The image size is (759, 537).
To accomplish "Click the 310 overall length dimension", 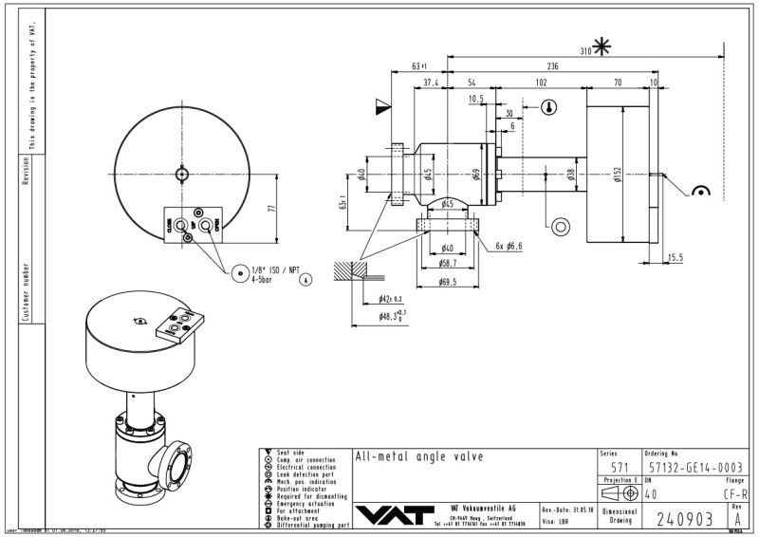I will pos(585,50).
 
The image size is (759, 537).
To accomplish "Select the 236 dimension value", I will pos(552,66).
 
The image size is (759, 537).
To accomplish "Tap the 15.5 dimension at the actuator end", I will pos(675,257).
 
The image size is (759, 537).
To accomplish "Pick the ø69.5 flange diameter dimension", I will pos(448,283).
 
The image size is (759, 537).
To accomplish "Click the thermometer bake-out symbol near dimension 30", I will pos(548,108).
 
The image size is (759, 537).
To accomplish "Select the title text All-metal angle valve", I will pos(418,456).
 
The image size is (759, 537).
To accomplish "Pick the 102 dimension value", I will pos(541,83).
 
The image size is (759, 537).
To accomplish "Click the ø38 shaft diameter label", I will pos(569,174).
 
